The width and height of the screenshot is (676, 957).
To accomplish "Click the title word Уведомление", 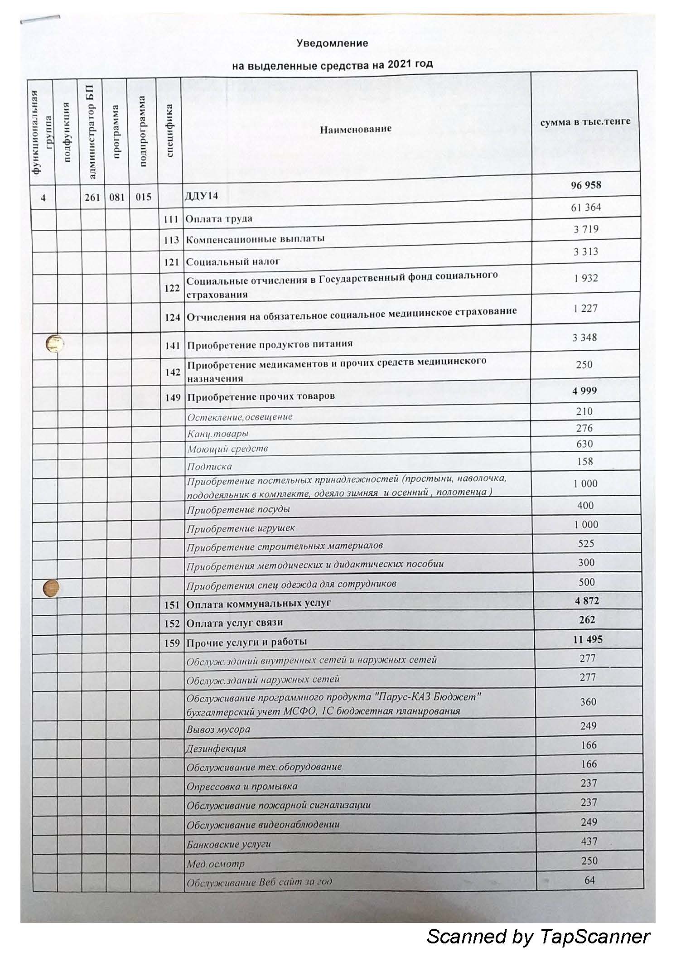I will coord(332,43).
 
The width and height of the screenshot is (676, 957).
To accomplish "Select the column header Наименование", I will coord(356,129).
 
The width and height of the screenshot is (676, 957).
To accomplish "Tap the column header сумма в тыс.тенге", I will coord(585,122).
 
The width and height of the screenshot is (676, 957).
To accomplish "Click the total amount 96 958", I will coord(586,185).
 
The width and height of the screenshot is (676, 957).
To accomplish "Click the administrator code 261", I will coord(92,197).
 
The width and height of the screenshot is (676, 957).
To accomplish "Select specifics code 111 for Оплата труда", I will coord(171,219).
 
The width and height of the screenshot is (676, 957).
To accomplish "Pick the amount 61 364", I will coord(586,208).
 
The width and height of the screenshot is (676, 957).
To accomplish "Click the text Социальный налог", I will coord(233,261).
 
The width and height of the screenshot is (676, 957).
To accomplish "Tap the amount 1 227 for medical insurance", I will coord(585,309).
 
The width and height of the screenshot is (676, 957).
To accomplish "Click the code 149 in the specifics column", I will coord(173,397).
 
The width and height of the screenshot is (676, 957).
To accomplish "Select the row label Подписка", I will coord(209,466).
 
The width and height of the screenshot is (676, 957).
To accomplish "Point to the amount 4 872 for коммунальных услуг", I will coord(587,601).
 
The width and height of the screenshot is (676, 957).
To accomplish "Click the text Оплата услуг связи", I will coord(235,623).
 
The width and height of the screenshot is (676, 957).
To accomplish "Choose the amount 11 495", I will coord(588,639).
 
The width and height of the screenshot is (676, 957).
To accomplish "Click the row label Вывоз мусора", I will coord(218,730).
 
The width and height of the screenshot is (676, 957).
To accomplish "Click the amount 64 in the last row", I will coord(589,880).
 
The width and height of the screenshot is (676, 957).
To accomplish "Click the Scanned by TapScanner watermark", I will coord(538,936).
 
